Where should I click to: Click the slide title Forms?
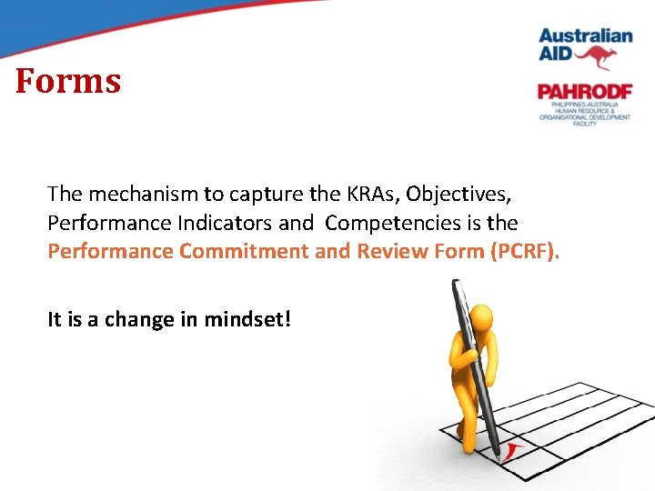coord(68,82)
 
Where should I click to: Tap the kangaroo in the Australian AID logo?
coord(595,57)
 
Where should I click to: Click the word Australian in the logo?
coord(585,36)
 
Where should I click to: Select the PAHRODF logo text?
coord(584,92)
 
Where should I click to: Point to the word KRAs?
coord(369,194)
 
